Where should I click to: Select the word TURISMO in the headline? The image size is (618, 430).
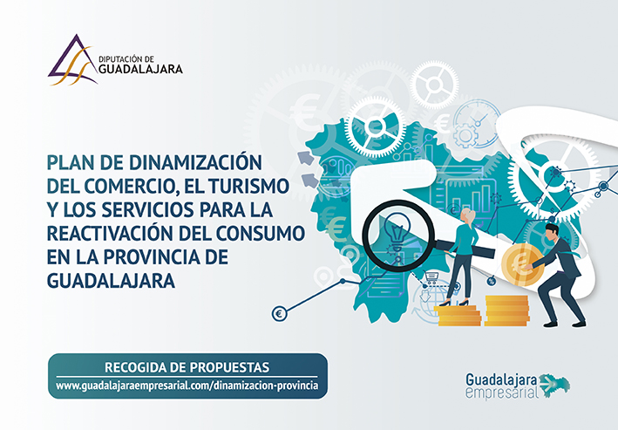pyautogui.click(x=248, y=186)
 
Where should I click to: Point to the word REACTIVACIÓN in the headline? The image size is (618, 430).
pyautogui.click(x=109, y=233)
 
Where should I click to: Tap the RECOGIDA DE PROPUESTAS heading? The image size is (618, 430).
pyautogui.click(x=187, y=367)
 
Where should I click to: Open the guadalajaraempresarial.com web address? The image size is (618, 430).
pyautogui.click(x=187, y=385)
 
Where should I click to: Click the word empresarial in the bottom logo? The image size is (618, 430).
pyautogui.click(x=501, y=392)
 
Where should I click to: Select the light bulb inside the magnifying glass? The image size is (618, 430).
pyautogui.click(x=397, y=231)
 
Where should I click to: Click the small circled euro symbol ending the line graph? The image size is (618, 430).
pyautogui.click(x=280, y=314)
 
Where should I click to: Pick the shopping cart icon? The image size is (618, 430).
pyautogui.click(x=431, y=277)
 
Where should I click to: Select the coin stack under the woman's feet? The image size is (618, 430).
pyautogui.click(x=458, y=315)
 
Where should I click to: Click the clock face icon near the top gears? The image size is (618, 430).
pyautogui.click(x=477, y=123)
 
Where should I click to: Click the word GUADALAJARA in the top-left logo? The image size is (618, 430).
pyautogui.click(x=140, y=70)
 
